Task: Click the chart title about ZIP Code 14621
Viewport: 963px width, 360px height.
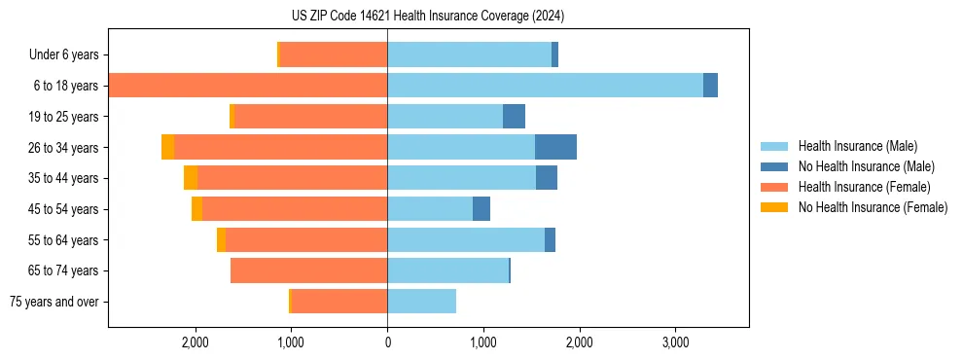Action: click(428, 17)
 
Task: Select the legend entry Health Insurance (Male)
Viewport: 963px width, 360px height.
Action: click(856, 146)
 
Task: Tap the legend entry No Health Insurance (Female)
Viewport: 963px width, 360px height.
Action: click(873, 207)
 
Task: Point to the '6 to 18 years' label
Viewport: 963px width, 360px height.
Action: click(66, 86)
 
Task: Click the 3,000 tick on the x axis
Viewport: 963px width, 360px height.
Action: click(675, 342)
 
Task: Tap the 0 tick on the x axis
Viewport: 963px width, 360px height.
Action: click(387, 342)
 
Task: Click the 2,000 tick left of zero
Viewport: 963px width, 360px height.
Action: click(196, 342)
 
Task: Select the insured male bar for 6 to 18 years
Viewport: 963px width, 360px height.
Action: click(545, 86)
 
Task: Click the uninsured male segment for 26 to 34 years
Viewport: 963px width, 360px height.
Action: click(555, 147)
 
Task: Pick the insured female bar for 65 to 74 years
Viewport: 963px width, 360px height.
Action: click(308, 270)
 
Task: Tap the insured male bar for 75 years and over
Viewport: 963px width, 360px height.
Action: click(421, 302)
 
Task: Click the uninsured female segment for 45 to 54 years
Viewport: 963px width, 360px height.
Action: click(196, 209)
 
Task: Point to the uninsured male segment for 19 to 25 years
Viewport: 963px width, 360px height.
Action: click(514, 117)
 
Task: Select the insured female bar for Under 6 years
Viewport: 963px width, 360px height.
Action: click(334, 54)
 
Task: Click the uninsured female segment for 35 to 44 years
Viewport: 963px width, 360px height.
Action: click(191, 178)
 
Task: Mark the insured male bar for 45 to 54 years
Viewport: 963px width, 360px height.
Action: click(430, 209)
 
